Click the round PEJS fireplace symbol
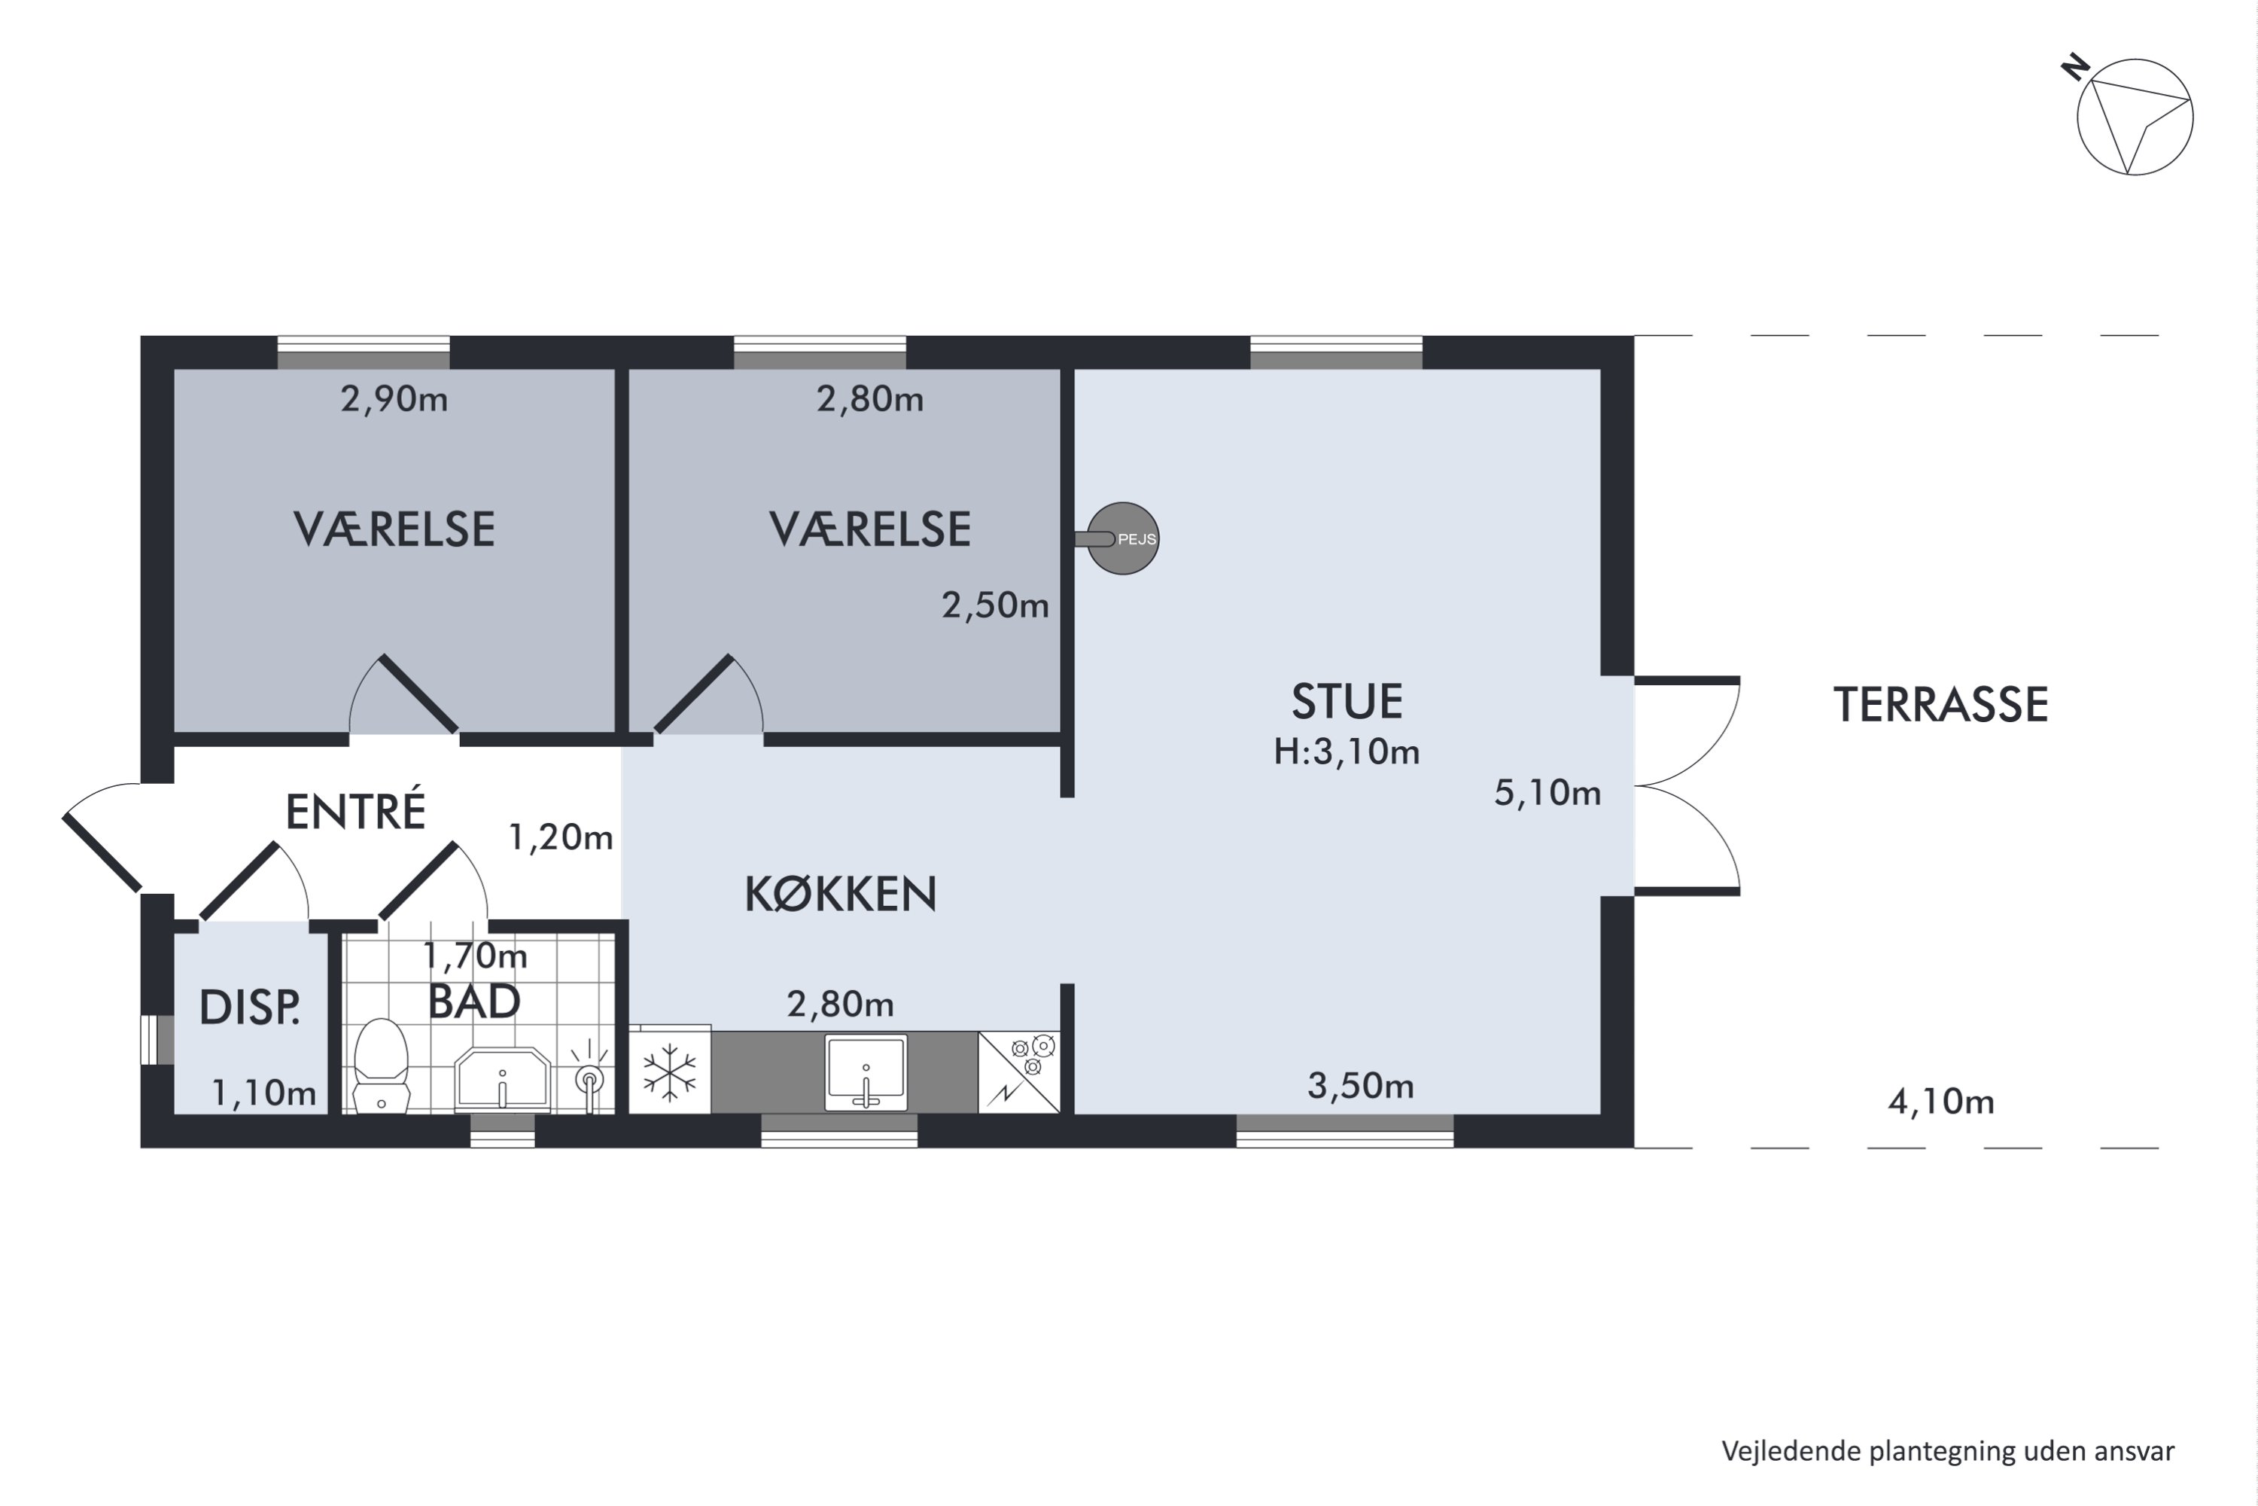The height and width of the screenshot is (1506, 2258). point(1122,539)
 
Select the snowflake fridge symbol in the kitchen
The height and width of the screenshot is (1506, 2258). point(669,1071)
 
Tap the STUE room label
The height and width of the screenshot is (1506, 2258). point(1347,702)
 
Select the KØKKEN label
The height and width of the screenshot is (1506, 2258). point(841,895)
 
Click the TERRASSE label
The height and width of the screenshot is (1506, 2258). point(1941,705)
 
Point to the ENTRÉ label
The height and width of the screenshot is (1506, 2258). point(355,811)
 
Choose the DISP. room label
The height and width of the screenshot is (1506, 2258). point(250,1008)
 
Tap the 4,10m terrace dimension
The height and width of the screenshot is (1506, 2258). point(1941,1102)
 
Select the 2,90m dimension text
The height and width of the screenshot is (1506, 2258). point(394,398)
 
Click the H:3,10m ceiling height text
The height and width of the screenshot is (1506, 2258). point(1347,751)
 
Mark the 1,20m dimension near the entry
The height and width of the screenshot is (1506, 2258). point(561,837)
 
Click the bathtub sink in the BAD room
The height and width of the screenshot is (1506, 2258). point(502,1080)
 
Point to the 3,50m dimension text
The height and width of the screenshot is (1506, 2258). point(1360,1087)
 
